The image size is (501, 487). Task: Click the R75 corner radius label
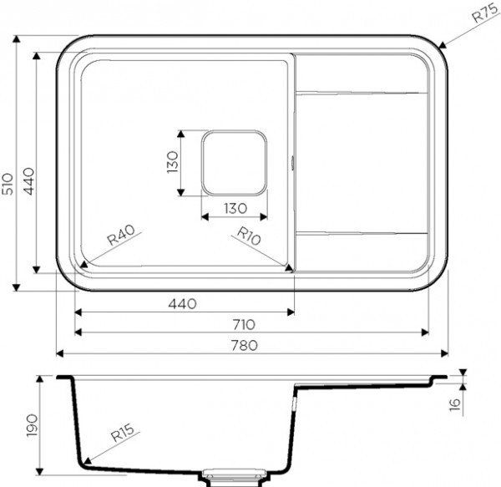click(485, 13)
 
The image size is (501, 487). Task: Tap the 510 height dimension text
click(8, 184)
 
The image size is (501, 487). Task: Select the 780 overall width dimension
click(245, 345)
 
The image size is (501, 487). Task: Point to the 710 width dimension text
click(244, 324)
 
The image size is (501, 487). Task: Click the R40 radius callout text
click(121, 235)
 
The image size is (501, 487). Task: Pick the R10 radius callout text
click(249, 236)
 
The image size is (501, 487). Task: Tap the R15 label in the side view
click(123, 433)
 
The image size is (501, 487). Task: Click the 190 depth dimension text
click(33, 425)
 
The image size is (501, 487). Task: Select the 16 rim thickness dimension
click(455, 404)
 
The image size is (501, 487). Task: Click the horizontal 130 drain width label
click(235, 208)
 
